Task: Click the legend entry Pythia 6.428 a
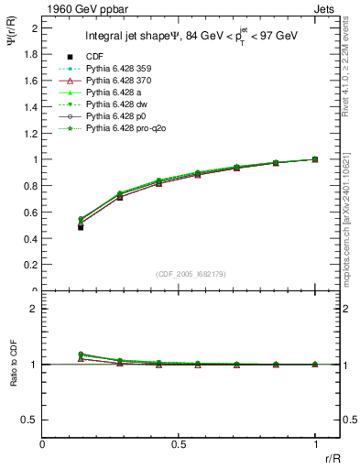pos(115,93)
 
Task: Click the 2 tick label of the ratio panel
pos(34,309)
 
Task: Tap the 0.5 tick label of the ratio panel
pos(30,420)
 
